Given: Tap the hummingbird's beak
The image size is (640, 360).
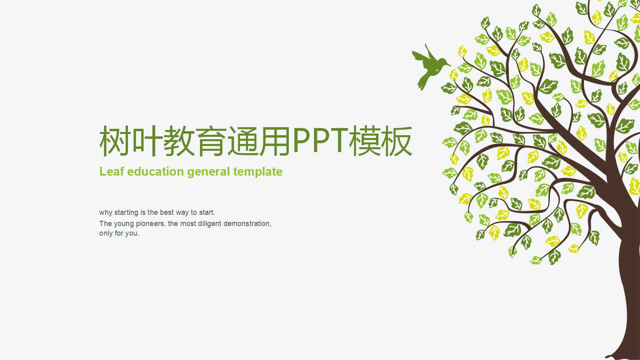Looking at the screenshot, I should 449,64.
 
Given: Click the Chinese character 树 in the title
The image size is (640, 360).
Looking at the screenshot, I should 115,141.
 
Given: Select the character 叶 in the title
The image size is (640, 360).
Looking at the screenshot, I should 147,141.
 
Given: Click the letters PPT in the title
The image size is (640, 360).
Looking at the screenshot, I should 320,141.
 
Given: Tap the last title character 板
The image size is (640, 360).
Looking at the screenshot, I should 396,141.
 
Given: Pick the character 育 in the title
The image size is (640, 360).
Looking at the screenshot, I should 211,141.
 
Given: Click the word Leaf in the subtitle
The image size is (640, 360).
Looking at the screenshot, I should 112,172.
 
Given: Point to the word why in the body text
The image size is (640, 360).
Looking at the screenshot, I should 106,212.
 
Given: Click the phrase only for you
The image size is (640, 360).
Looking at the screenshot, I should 119,233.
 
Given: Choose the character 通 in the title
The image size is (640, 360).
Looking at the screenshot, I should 243,141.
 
